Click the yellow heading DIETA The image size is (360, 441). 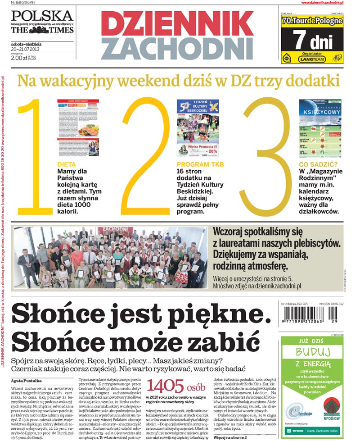click(x=67, y=165)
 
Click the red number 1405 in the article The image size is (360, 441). click(x=166, y=386)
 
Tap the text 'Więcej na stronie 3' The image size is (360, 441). click(x=230, y=437)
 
